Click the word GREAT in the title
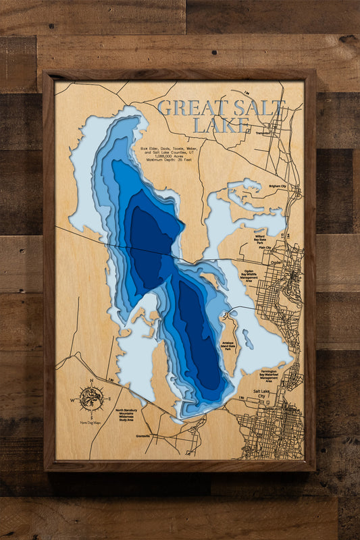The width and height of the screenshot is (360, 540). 189,108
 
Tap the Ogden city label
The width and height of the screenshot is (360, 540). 276,263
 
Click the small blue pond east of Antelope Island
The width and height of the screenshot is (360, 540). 248,342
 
